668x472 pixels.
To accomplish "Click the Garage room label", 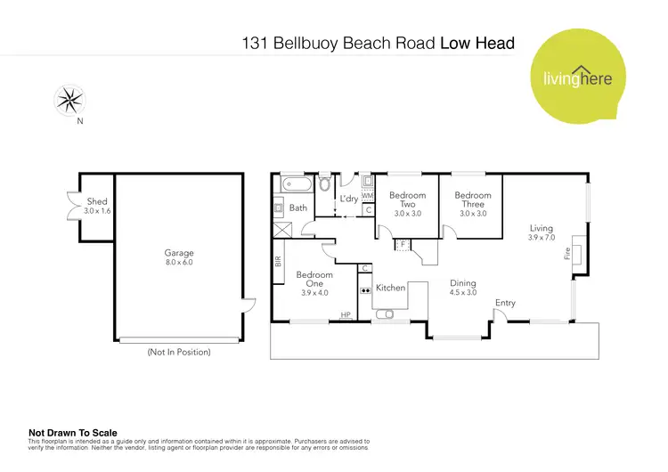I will pos(178,253).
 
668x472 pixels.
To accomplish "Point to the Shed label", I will pos(96,202).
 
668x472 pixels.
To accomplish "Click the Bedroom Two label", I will pos(408,199).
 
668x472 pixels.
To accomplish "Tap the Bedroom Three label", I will pos(472,199).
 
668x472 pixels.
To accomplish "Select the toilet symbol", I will pos(324,185).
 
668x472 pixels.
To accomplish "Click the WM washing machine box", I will pos(367,195).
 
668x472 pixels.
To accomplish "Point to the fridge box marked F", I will pos(402,242).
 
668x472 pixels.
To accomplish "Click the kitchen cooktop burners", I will pos(365,290).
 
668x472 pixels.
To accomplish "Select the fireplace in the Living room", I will pos(577,254).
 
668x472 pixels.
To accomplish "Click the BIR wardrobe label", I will pos(279,262).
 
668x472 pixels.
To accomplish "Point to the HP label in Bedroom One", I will pos(346,313).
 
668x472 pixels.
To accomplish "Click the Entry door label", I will pos(505,303).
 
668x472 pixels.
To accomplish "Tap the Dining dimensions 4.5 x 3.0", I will pos(462,292).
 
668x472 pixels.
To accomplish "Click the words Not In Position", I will pos(178,352).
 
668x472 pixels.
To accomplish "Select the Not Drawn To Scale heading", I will pos(73,433).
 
